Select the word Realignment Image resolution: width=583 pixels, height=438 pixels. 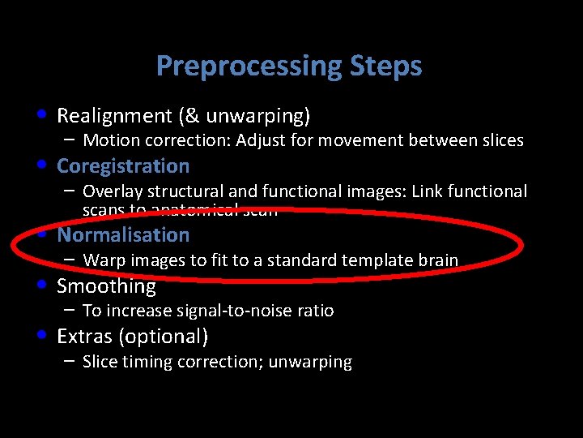114,116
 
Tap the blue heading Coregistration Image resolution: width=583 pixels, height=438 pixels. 123,166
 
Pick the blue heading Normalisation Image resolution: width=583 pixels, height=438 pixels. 123,235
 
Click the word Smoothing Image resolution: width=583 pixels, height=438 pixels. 106,286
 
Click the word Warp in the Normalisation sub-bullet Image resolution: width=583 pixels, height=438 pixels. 101,261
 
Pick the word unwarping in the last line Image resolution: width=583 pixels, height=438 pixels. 314,363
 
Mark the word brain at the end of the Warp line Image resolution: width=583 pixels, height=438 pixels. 437,261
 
